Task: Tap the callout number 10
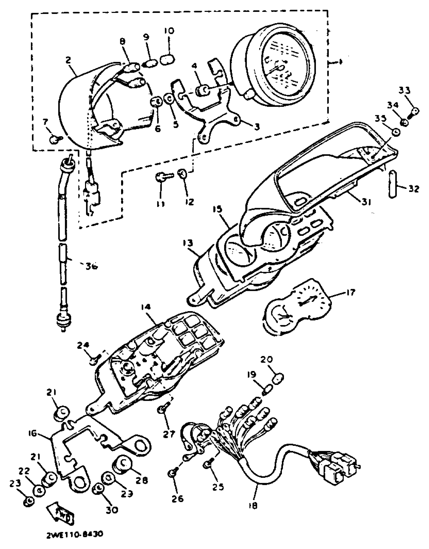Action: click(x=169, y=31)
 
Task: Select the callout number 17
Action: click(x=350, y=292)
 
